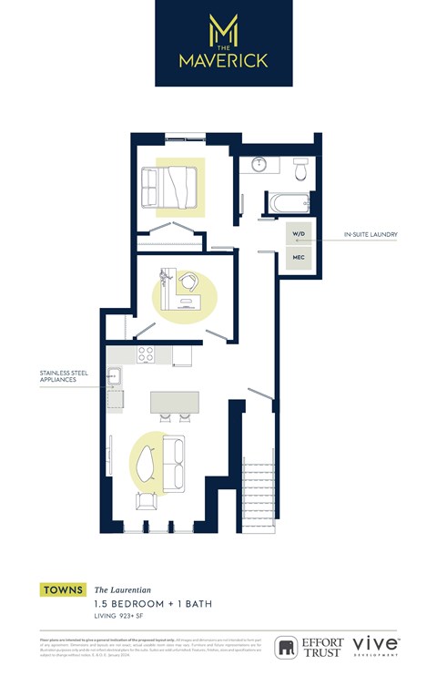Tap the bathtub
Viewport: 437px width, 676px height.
click(287, 201)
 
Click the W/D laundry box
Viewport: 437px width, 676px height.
click(299, 234)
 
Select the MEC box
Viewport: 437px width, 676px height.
click(299, 258)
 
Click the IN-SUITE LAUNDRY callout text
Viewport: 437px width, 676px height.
click(371, 235)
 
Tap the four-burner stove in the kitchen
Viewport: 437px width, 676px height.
click(145, 354)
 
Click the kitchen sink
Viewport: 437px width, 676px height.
click(114, 374)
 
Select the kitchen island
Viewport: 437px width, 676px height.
click(174, 404)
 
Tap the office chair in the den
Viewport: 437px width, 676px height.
click(189, 281)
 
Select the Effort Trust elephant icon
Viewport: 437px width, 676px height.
click(286, 647)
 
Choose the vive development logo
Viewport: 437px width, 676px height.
click(375, 645)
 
